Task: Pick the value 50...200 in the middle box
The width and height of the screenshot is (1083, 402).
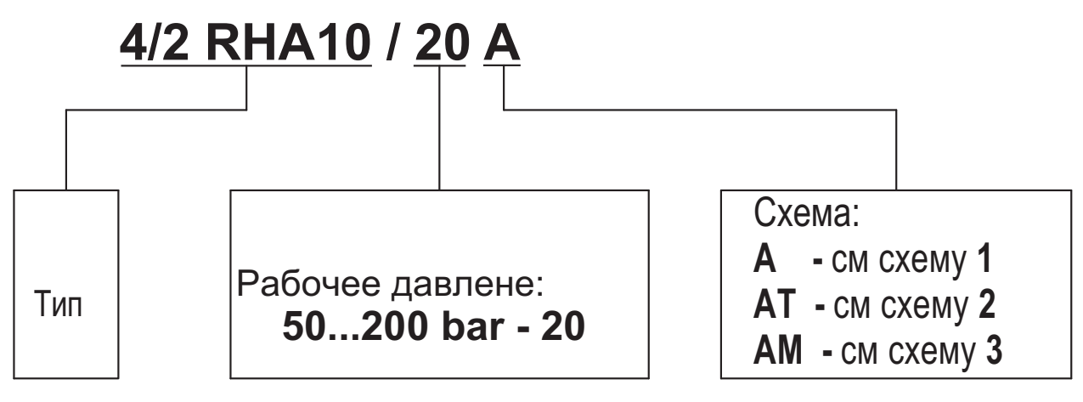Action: [346, 327]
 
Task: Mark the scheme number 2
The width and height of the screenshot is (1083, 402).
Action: [986, 303]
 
